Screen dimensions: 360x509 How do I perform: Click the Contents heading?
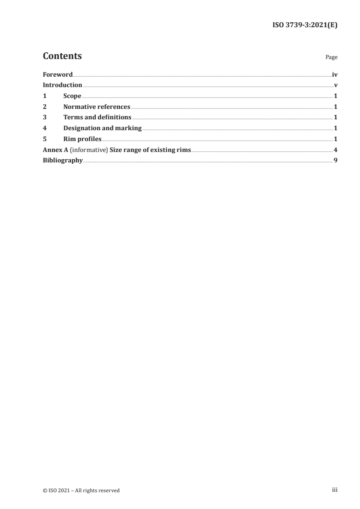(62, 56)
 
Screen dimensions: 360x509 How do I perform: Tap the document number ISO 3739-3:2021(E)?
(304, 25)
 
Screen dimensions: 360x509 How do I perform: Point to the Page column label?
(331, 58)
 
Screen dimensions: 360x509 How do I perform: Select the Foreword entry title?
(58, 74)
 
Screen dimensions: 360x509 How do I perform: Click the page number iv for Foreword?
(335, 74)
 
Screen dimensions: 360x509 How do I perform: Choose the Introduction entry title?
(62, 85)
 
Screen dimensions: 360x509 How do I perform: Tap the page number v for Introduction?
(335, 85)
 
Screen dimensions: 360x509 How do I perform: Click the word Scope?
(72, 96)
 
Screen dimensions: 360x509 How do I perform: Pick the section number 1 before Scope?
(44, 96)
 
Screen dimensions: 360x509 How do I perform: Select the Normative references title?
(97, 107)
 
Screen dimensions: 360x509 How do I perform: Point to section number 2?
(44, 107)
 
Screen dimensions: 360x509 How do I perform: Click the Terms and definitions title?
(97, 117)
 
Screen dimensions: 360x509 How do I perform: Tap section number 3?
(44, 117)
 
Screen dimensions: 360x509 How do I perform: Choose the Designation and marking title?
(103, 128)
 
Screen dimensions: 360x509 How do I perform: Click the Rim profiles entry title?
(82, 139)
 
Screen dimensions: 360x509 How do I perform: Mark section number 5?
(44, 139)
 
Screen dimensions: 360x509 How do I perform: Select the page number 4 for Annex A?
(335, 150)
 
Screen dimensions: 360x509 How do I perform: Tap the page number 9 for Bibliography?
(335, 160)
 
